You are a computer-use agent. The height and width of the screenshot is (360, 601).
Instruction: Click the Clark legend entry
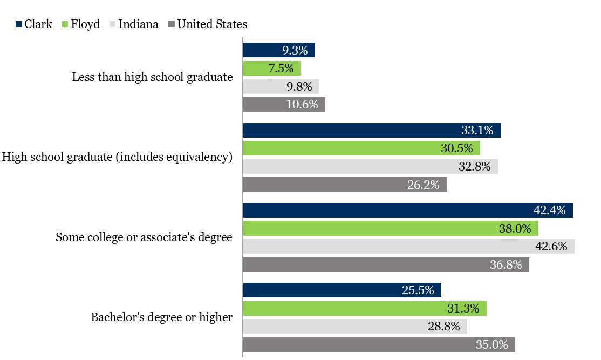pyautogui.click(x=34, y=24)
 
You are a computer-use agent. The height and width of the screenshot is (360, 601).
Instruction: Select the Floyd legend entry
pyautogui.click(x=81, y=24)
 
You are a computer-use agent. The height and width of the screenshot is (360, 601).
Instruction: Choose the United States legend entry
pyautogui.click(x=208, y=24)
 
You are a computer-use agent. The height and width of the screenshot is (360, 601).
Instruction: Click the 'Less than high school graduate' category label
pyautogui.click(x=152, y=77)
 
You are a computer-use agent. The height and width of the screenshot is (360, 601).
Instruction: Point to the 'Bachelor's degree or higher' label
pyautogui.click(x=161, y=317)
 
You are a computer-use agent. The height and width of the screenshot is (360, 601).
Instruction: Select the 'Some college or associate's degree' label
pyautogui.click(x=144, y=237)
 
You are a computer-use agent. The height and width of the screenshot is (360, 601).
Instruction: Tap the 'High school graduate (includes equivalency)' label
pyautogui.click(x=118, y=157)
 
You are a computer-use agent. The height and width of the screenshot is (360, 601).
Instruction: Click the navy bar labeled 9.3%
pyautogui.click(x=278, y=50)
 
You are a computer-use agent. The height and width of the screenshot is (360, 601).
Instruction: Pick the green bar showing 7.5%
pyautogui.click(x=272, y=69)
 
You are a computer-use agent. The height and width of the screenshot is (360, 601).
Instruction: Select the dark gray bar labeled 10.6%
pyautogui.click(x=284, y=105)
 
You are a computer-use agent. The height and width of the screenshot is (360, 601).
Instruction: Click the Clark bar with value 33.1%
pyautogui.click(x=371, y=131)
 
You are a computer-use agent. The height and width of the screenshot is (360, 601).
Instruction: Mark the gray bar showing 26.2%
pyautogui.click(x=344, y=185)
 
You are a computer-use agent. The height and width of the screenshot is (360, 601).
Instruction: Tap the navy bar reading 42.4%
pyautogui.click(x=407, y=210)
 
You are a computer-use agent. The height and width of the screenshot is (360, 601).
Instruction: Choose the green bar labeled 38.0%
pyautogui.click(x=390, y=229)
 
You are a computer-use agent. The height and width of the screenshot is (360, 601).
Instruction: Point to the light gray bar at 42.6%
pyautogui.click(x=408, y=247)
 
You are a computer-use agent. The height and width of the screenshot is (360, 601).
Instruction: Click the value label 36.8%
pyautogui.click(x=509, y=265)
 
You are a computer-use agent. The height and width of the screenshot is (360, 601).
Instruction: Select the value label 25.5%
pyautogui.click(x=418, y=290)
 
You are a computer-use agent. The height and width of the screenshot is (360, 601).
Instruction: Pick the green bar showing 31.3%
pyautogui.click(x=364, y=309)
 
